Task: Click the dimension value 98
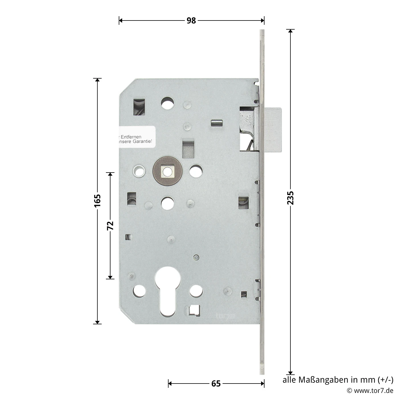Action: pos(191,20)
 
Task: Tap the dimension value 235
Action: pos(290,198)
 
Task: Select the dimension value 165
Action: pos(97,201)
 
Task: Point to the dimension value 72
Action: pos(110,225)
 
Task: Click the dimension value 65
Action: pos(216,384)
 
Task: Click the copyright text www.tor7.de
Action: pos(370,391)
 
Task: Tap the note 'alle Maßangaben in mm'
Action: pos(338,380)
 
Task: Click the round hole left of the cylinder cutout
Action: pos(139,291)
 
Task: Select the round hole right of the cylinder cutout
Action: pos(196,291)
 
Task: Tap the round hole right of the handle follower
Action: pos(196,171)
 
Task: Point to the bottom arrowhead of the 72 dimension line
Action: pos(110,277)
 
